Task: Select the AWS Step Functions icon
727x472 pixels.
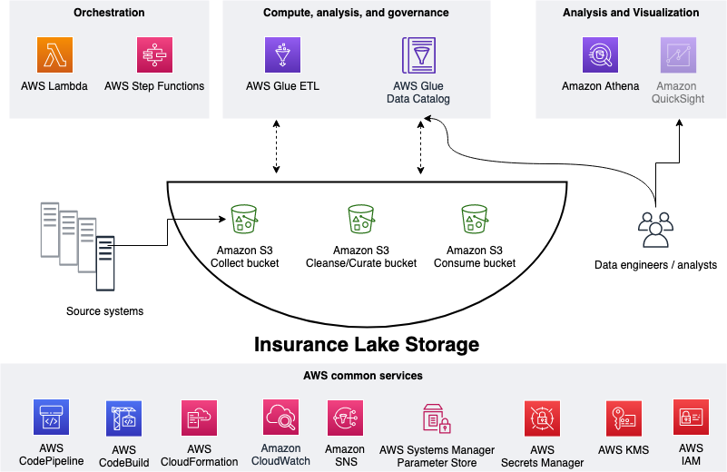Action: point(153,54)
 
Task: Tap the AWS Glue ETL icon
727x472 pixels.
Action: point(282,54)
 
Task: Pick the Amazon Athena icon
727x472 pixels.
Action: point(600,54)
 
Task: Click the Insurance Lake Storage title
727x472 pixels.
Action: point(367,345)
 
